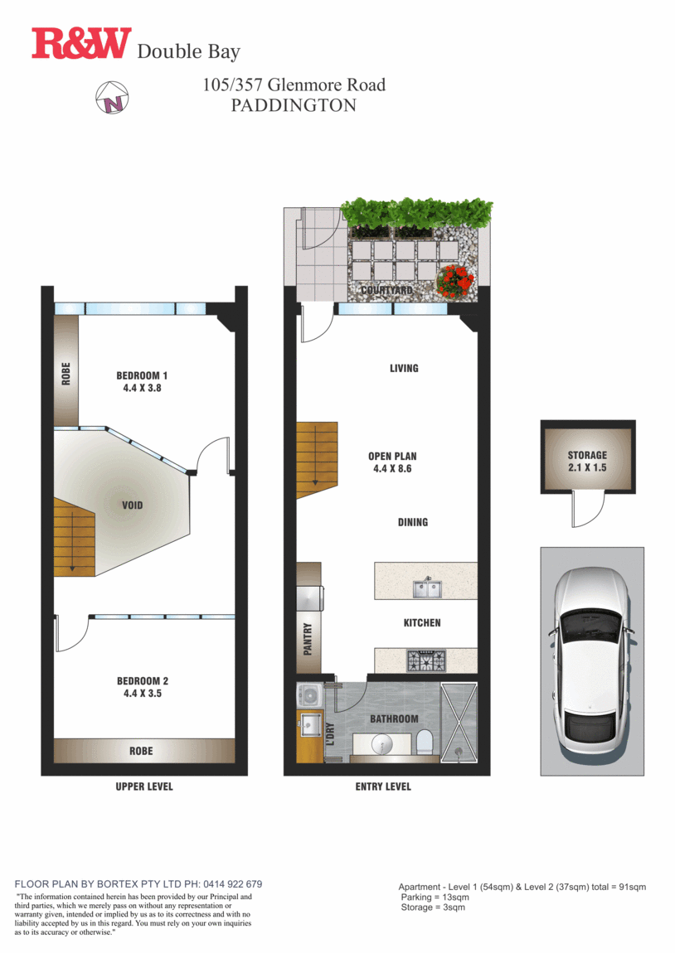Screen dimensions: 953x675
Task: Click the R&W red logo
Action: coord(81,44)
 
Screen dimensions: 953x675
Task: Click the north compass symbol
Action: coord(111,98)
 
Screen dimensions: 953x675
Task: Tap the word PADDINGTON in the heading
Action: coord(294,105)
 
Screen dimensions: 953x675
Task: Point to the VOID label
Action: coord(132,505)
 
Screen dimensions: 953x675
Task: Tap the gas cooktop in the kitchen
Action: coord(425,660)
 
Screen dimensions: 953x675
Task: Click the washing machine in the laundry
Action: coord(311,694)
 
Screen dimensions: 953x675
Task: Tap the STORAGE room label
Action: coord(587,462)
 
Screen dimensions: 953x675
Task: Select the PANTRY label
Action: coord(308,640)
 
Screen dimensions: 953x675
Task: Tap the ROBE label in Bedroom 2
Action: coord(141,751)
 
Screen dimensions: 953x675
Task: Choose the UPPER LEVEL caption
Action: coord(144,786)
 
